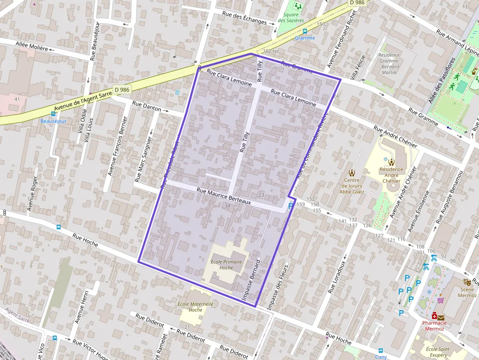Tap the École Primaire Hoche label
tap(226, 265)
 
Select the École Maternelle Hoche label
tap(195, 307)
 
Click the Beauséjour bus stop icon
tap(53, 114)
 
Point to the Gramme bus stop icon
tap(305, 31)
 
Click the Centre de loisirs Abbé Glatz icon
tap(352, 172)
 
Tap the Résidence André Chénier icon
tap(392, 162)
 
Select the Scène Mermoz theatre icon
tap(467, 282)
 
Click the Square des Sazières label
tap(291, 18)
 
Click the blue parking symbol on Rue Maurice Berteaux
tap(291, 206)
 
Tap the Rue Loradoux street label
tap(337, 276)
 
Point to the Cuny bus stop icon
tap(380, 350)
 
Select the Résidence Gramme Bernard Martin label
tap(389, 64)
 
